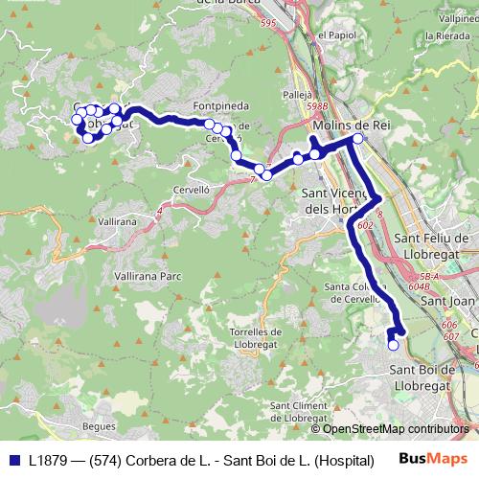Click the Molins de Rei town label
[x=348, y=125]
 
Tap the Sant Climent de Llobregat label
[x=303, y=411]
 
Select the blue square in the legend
[x=13, y=460]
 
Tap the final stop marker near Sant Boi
[x=393, y=344]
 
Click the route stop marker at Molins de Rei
[x=358, y=139]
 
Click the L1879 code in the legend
[x=51, y=460]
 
